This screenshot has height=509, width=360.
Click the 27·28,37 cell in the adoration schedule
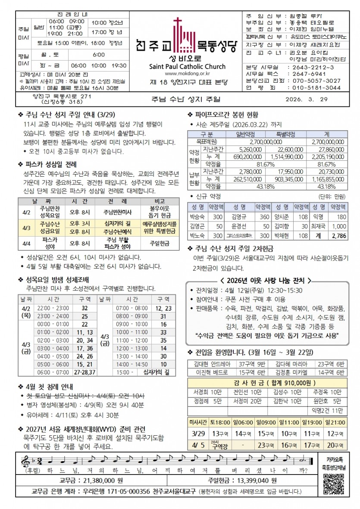[x=85, y=372]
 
